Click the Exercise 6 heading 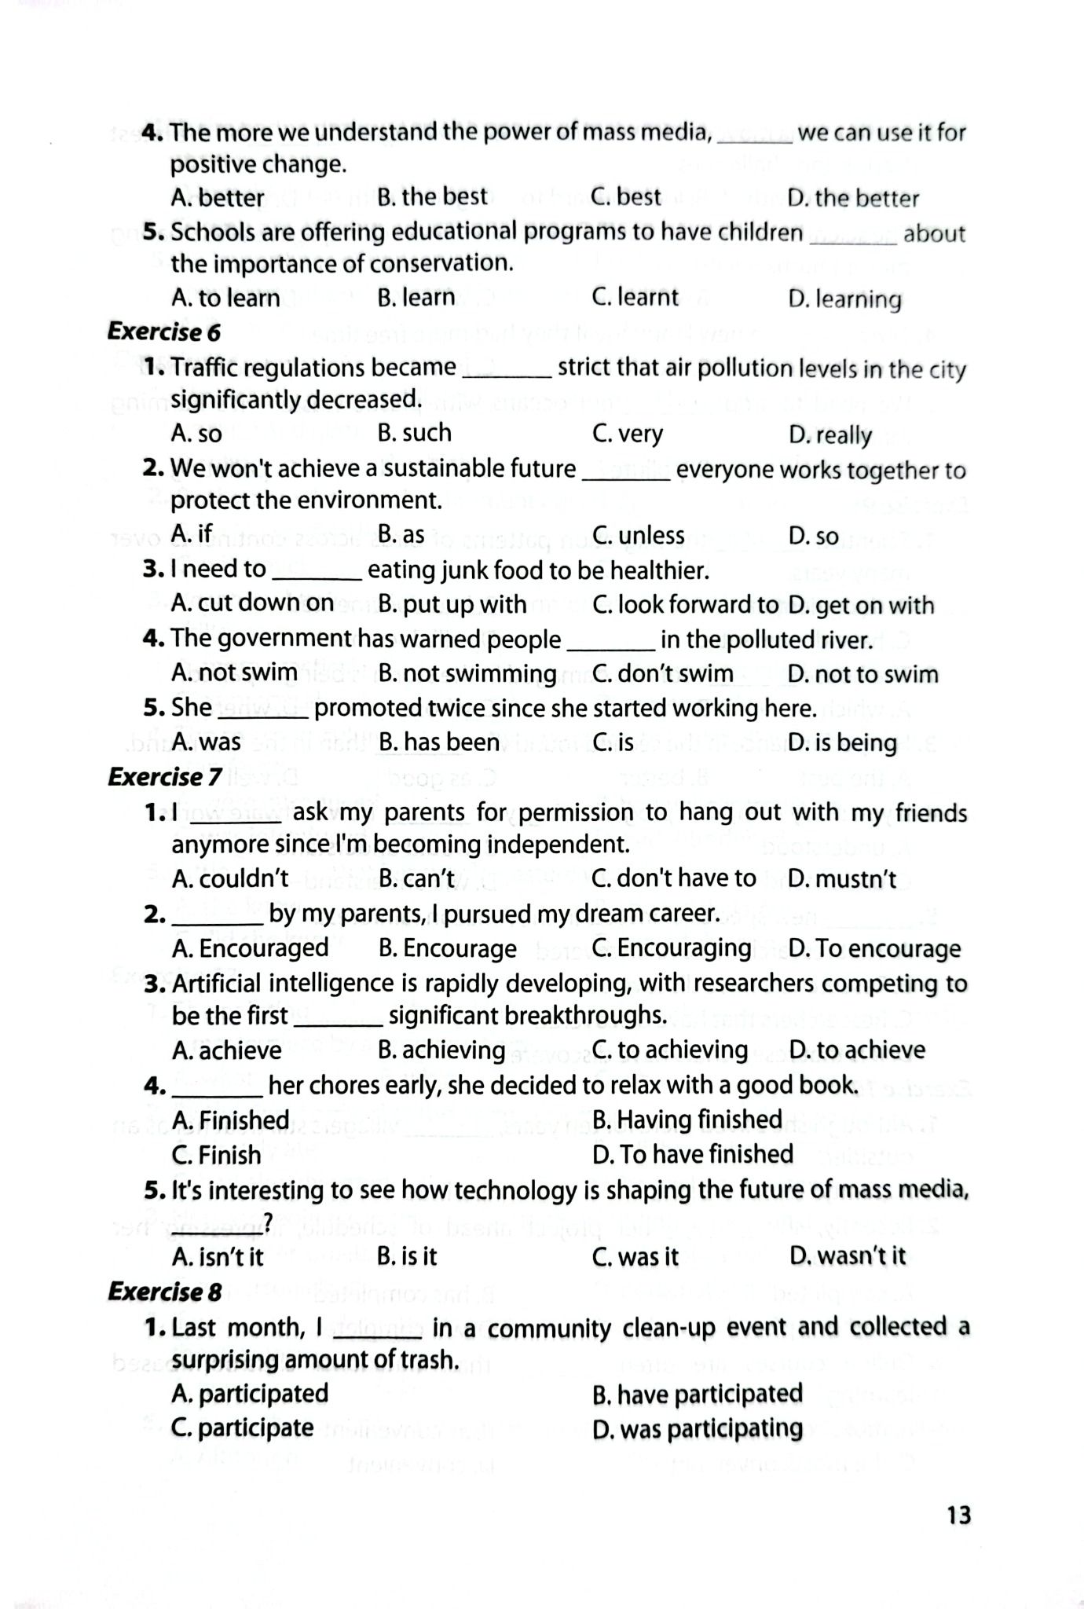click(x=164, y=332)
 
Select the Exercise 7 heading click(x=164, y=777)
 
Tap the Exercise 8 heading click(x=164, y=1292)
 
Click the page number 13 click(x=959, y=1515)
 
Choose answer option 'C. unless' click(x=638, y=536)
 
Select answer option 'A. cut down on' click(x=252, y=603)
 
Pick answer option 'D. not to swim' click(x=862, y=674)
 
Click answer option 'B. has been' click(x=438, y=742)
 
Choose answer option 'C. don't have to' click(x=674, y=878)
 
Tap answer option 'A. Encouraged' click(x=250, y=948)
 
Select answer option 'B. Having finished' click(x=687, y=1120)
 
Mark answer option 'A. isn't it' click(x=218, y=1257)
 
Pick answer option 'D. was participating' click(x=698, y=1429)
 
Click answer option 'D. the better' click(x=853, y=199)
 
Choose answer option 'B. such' click(x=414, y=433)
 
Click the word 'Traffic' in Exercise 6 click(x=207, y=368)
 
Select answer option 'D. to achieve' click(x=857, y=1050)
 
